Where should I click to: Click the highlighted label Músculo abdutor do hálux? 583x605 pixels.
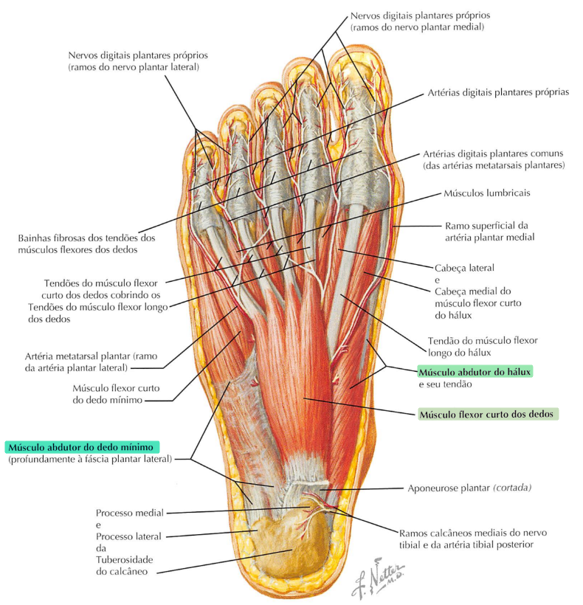pyautogui.click(x=475, y=371)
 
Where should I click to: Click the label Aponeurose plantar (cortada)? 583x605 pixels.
pyautogui.click(x=469, y=488)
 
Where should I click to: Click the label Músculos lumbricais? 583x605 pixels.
pyautogui.click(x=486, y=193)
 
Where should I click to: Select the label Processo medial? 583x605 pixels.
pyautogui.click(x=129, y=512)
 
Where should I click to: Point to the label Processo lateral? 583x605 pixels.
pyautogui.click(x=128, y=536)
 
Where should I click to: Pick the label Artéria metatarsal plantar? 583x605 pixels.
pyautogui.click(x=83, y=361)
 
